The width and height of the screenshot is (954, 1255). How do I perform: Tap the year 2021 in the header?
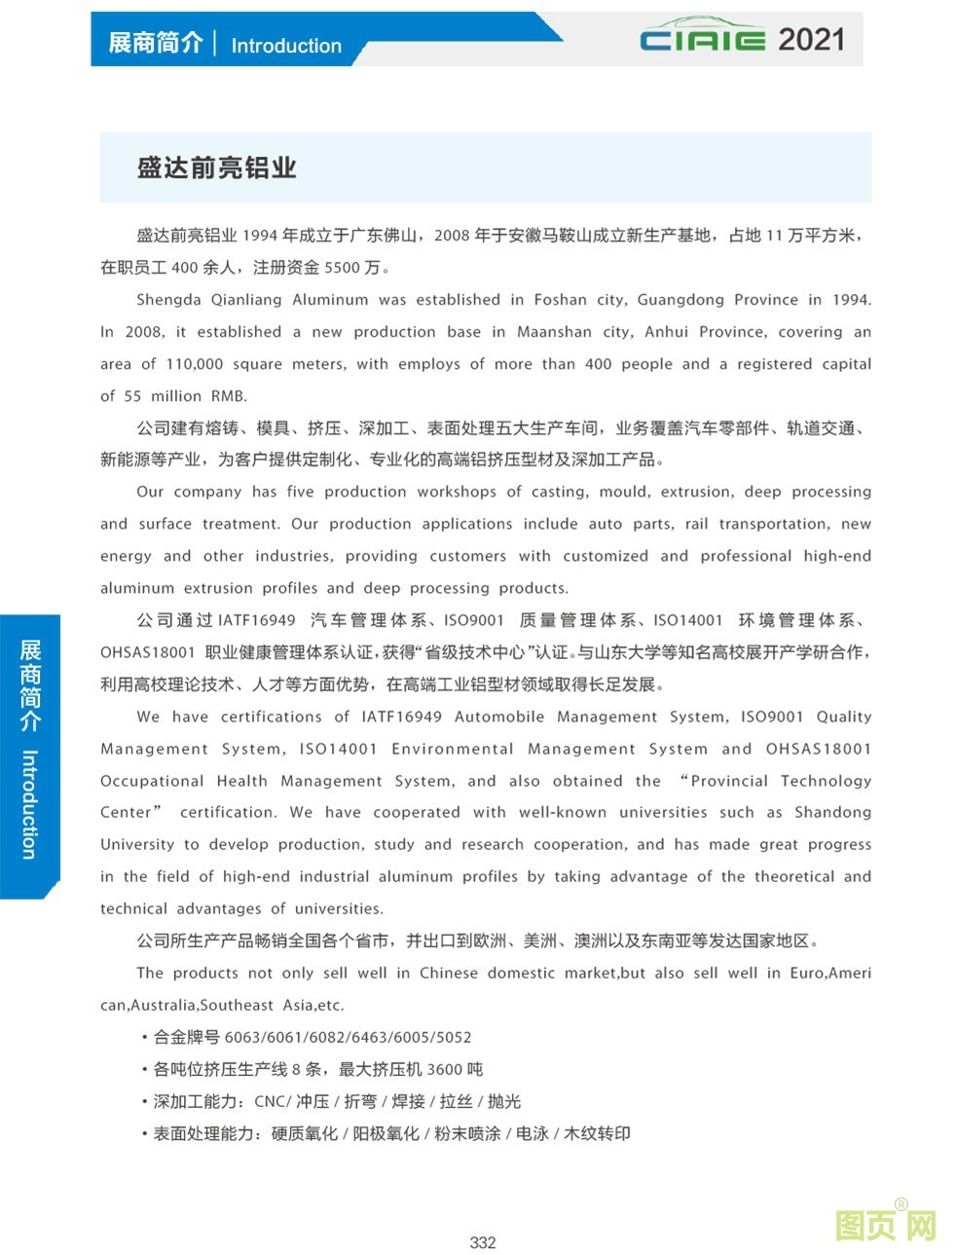click(x=811, y=40)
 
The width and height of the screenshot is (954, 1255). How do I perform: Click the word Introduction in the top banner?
click(x=286, y=46)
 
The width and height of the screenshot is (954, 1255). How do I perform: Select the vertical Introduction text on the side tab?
click(x=30, y=803)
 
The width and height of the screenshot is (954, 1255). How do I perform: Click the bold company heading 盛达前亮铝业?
click(x=216, y=167)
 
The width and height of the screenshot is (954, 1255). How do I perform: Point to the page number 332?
click(x=482, y=1242)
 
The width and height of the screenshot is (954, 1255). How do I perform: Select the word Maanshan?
click(x=554, y=332)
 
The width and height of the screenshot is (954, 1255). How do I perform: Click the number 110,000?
click(x=194, y=364)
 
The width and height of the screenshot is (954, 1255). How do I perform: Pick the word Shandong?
click(x=832, y=812)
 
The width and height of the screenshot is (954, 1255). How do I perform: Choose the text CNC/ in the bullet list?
click(x=273, y=1101)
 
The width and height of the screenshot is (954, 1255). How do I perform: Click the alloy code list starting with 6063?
click(x=348, y=1037)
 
